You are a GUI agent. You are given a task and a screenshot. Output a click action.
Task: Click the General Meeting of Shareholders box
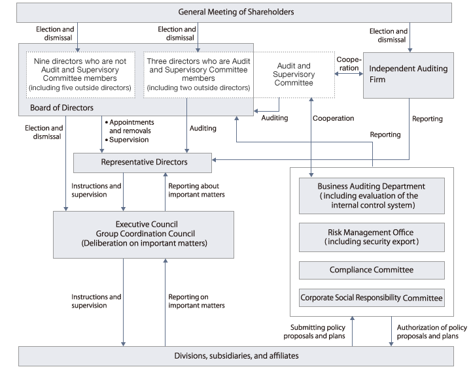pos(236,12)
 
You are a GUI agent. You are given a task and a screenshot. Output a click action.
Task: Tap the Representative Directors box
pos(143,162)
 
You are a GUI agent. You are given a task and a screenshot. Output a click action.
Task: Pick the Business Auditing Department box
pos(371,195)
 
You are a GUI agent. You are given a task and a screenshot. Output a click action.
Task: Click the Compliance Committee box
pos(371,270)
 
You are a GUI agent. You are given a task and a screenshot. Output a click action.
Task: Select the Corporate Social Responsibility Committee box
pos(371,298)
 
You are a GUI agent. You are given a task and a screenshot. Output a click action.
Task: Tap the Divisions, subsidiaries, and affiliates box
pos(236,356)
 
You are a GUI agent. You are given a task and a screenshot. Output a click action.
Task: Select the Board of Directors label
pos(61,108)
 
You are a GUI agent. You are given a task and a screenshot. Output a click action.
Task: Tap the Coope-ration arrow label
pos(348,63)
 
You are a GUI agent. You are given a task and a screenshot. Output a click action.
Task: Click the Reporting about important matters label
pos(196,190)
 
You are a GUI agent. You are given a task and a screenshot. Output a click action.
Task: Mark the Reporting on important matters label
pos(196,301)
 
